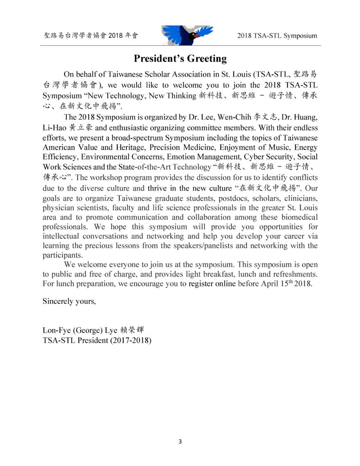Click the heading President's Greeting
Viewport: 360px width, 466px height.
pyautogui.click(x=180, y=58)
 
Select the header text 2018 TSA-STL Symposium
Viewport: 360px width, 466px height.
pyautogui.click(x=277, y=36)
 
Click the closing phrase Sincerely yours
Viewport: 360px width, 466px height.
pyautogui.click(x=69, y=301)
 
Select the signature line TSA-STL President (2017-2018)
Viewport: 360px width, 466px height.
pyautogui.click(x=97, y=340)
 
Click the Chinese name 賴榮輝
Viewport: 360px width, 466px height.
pyautogui.click(x=134, y=331)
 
